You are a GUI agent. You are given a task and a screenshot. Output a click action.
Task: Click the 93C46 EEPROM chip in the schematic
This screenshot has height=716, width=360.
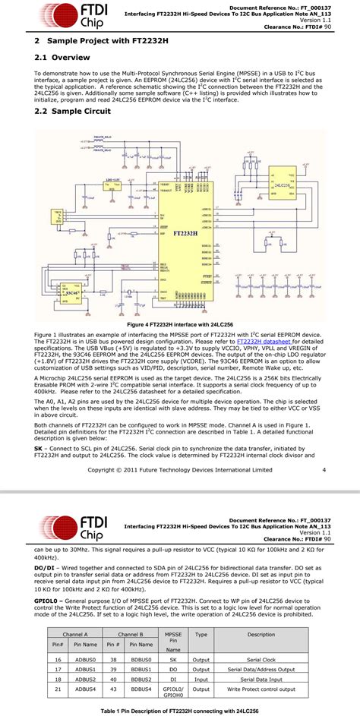tap(73, 292)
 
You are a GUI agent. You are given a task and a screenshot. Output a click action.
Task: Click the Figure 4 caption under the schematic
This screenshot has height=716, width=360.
tap(180, 325)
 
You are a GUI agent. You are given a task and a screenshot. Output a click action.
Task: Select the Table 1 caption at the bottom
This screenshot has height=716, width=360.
tap(180, 710)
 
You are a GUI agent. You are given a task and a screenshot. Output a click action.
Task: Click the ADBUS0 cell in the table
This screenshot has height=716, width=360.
tap(82, 660)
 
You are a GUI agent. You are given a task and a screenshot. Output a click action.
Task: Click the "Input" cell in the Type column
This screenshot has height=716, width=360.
tap(201, 679)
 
